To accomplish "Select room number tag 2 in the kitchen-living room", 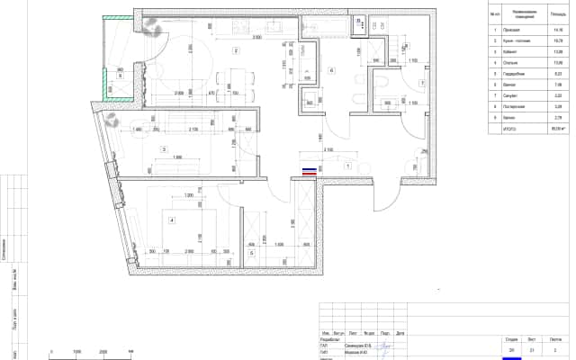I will coord(236,49).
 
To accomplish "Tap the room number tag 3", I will coord(164,148).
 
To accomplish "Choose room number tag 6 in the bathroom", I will coord(331,70).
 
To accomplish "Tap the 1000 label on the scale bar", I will coord(77,352).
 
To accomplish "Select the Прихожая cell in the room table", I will coord(524,30).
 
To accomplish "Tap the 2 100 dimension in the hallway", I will coord(329,149).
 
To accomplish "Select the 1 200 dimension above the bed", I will coord(189,195).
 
